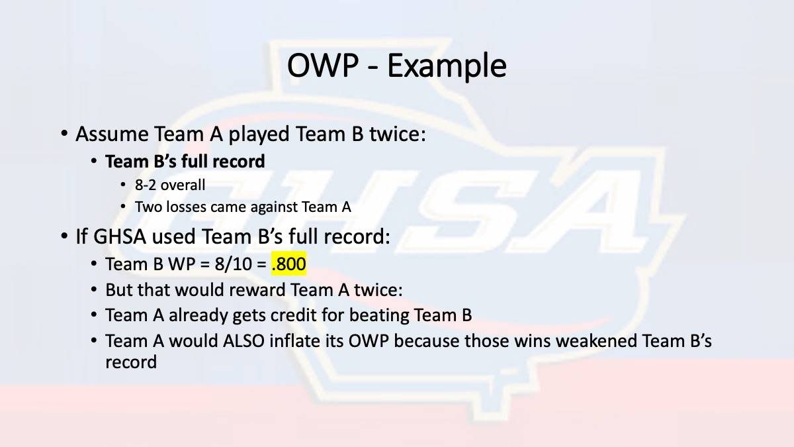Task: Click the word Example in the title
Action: pyautogui.click(x=447, y=66)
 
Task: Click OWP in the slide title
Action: pyautogui.click(x=323, y=66)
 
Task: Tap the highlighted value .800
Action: pyautogui.click(x=288, y=264)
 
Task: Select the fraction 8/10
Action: pyautogui.click(x=233, y=264)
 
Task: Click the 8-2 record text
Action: pyautogui.click(x=146, y=185)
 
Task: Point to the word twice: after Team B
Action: pyautogui.click(x=398, y=134)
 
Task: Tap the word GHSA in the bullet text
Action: pyautogui.click(x=120, y=236)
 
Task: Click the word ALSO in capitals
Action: pyautogui.click(x=244, y=341)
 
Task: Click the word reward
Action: pyautogui.click(x=257, y=289)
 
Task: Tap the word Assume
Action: pyautogui.click(x=112, y=134)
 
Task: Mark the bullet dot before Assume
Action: pyautogui.click(x=64, y=134)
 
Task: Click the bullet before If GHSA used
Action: pyautogui.click(x=64, y=236)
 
